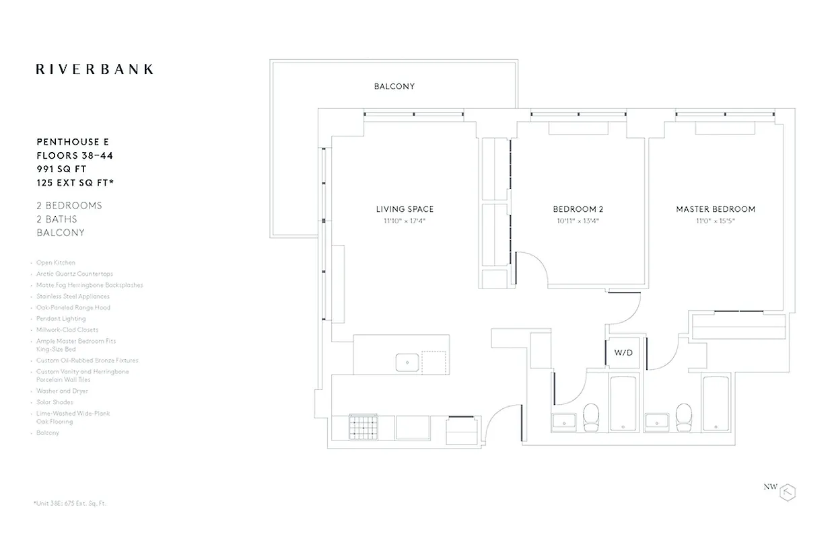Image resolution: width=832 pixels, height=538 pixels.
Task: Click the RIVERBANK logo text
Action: point(94,69)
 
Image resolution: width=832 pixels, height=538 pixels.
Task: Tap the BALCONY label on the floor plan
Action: point(394,87)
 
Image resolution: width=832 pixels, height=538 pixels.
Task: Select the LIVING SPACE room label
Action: point(405,209)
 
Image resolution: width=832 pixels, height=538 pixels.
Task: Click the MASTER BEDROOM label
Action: point(716,209)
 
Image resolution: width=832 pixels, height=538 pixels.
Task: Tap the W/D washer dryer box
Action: point(623,352)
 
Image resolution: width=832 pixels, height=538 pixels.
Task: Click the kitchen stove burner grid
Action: point(365,428)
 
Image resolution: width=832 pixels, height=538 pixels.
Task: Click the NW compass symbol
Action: point(787,492)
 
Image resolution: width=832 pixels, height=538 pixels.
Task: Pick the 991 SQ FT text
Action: point(61,169)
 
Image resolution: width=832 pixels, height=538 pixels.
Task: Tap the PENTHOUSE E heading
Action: point(73,142)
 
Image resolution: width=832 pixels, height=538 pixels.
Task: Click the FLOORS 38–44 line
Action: point(75,155)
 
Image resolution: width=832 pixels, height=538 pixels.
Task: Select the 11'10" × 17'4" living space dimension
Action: point(405,221)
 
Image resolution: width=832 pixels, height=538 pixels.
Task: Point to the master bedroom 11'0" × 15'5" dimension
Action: point(716,221)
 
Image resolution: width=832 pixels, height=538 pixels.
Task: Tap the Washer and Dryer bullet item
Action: point(62,391)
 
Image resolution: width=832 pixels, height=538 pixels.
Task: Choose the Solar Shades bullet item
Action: point(55,402)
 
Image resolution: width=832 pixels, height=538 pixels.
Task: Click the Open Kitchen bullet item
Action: point(56,263)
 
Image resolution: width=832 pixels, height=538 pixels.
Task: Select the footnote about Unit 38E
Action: point(70,503)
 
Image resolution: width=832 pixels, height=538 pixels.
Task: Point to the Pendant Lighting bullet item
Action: point(61,319)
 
